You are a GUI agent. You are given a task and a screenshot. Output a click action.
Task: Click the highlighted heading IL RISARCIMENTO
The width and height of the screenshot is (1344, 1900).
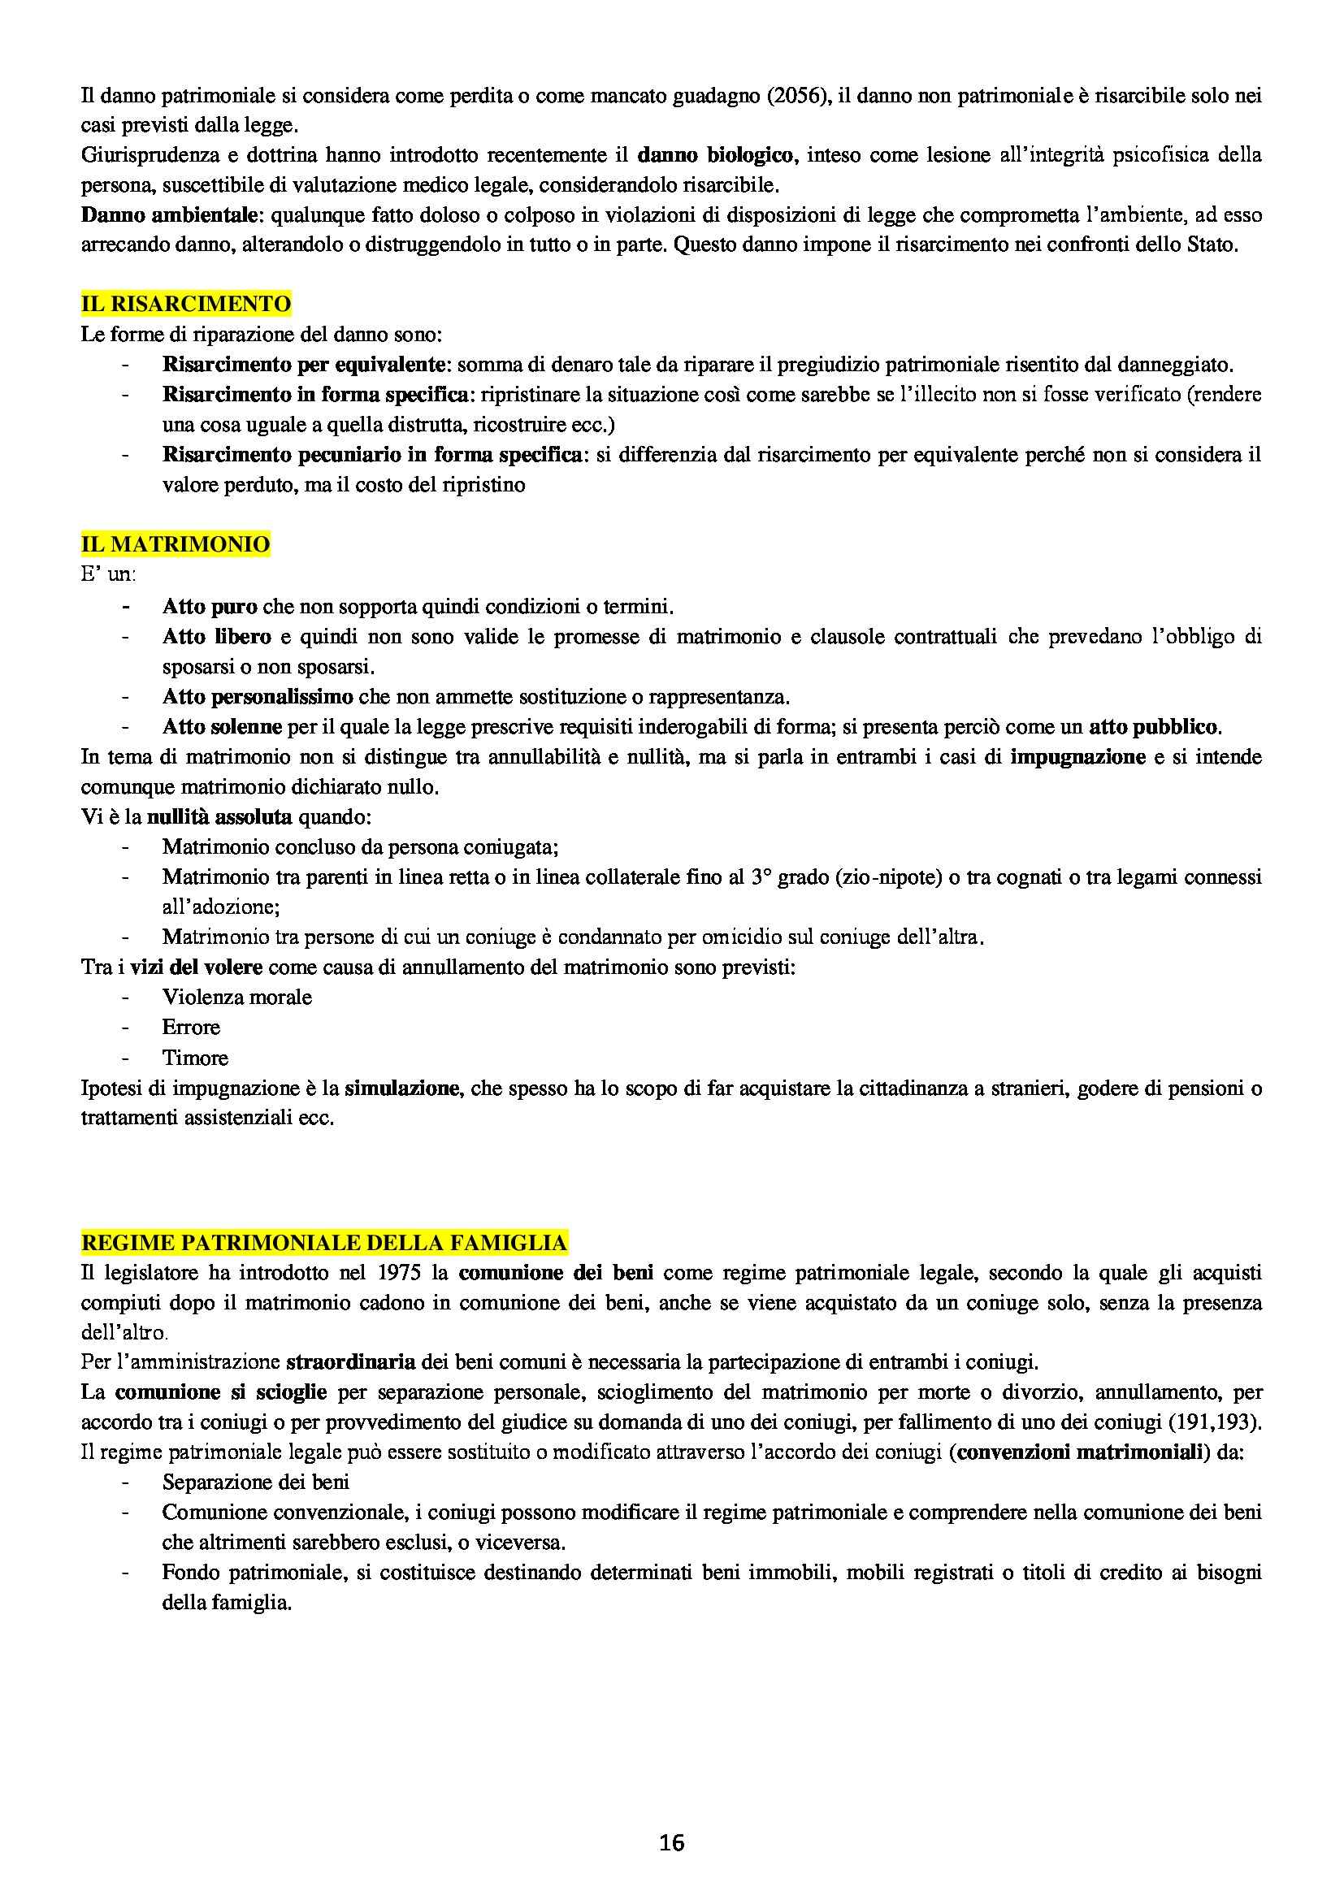(185, 305)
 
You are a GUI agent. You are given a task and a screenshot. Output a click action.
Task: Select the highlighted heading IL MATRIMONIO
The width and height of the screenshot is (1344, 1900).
(176, 544)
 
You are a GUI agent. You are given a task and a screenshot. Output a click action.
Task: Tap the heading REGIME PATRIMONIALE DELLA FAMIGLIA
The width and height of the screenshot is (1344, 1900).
(323, 1243)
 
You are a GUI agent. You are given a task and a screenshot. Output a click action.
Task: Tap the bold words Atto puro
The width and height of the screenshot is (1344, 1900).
(210, 607)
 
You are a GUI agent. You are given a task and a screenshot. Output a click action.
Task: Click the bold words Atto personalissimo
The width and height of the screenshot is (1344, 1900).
(258, 697)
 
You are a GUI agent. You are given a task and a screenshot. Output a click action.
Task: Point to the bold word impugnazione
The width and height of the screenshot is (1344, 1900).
(1077, 757)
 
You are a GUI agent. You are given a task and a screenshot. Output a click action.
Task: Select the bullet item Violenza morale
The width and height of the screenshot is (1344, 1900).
(236, 998)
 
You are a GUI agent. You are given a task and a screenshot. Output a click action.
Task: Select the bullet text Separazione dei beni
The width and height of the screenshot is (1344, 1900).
(256, 1482)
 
